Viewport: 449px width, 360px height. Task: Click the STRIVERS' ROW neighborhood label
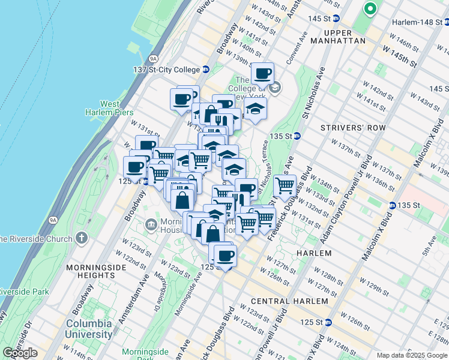tap(348, 128)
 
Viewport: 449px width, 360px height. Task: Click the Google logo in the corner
tap(20, 353)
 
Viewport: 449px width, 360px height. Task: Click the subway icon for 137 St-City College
tap(205, 70)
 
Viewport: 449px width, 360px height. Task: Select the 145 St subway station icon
tap(336, 19)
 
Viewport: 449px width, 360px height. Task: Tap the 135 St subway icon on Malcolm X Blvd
tap(391, 205)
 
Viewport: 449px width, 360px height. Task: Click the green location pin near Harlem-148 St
tap(370, 9)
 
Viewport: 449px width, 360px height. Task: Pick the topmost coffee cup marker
tap(262, 74)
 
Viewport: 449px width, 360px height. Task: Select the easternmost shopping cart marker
tap(285, 185)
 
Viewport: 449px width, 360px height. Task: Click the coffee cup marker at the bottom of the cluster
tap(225, 256)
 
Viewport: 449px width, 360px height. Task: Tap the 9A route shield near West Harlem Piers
tap(154, 58)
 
